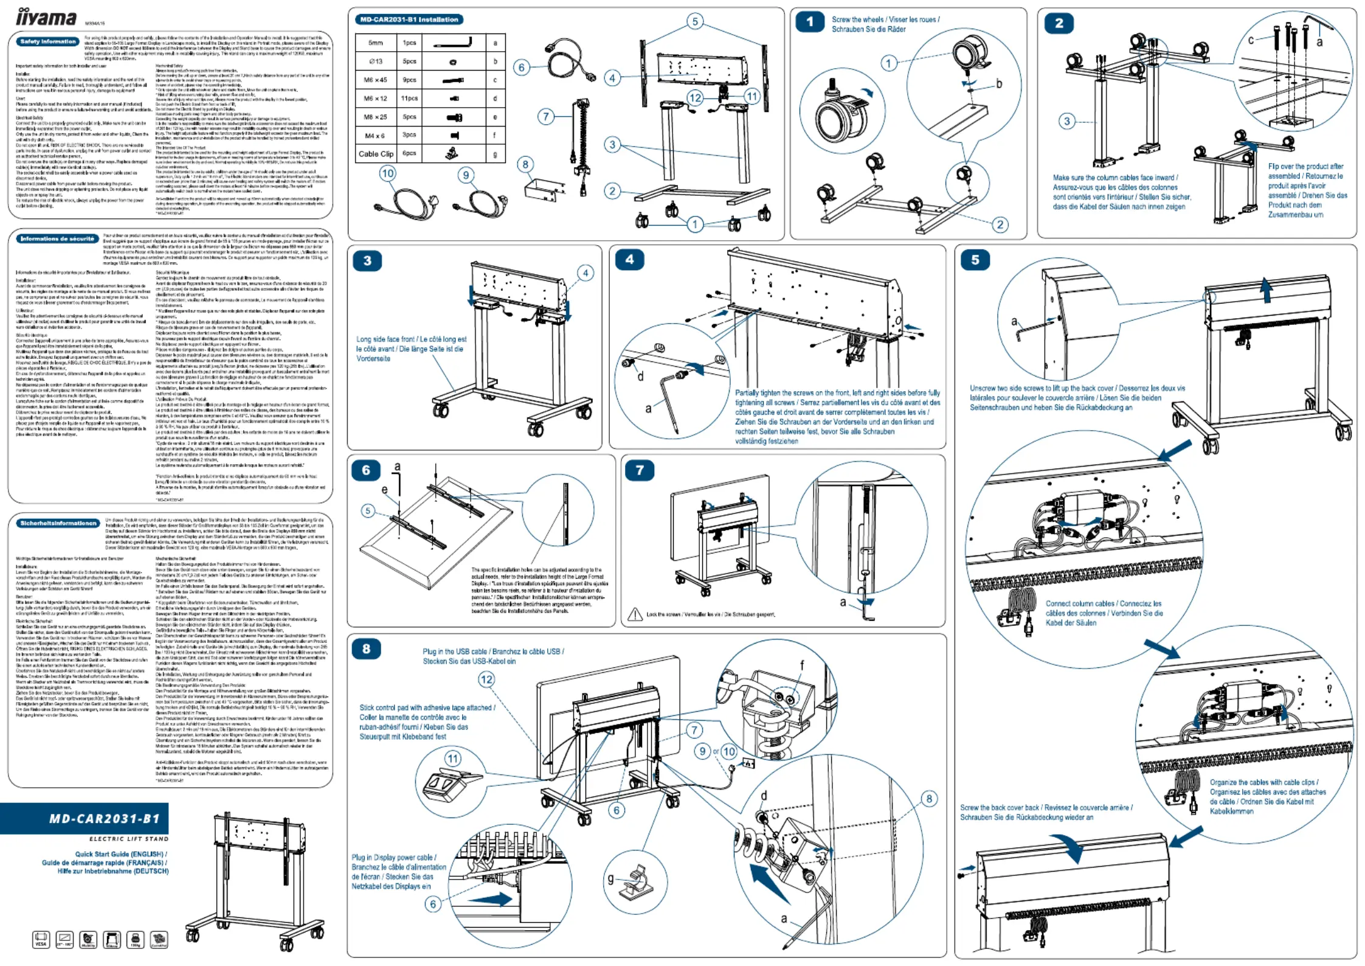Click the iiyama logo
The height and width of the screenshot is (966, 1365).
[x=46, y=17]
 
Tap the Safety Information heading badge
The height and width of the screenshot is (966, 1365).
[x=48, y=42]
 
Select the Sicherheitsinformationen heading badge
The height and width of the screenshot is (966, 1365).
[x=58, y=523]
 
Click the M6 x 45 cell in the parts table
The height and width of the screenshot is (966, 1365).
[x=375, y=80]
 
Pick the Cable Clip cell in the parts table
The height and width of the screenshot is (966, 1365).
[x=376, y=154]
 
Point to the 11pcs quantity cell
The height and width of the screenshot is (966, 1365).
[x=409, y=99]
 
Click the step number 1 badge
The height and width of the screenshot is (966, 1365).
[x=809, y=23]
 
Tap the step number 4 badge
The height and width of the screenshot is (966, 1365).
[x=629, y=260]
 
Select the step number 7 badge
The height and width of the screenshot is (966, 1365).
[x=639, y=470]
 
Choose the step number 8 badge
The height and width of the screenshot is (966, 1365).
[x=366, y=649]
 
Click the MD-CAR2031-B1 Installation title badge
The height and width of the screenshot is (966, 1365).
[x=409, y=19]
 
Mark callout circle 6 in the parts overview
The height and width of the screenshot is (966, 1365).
[x=521, y=68]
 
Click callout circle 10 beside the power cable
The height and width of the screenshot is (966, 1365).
[x=387, y=173]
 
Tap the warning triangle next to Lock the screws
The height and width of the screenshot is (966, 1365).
[x=635, y=614]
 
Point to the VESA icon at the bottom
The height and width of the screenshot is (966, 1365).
[x=41, y=940]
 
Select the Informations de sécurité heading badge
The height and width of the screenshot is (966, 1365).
[x=57, y=239]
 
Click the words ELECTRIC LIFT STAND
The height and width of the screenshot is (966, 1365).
[x=128, y=839]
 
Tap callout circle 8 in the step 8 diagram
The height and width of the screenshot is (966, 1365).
[x=929, y=799]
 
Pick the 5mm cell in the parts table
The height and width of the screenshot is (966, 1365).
[x=375, y=43]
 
